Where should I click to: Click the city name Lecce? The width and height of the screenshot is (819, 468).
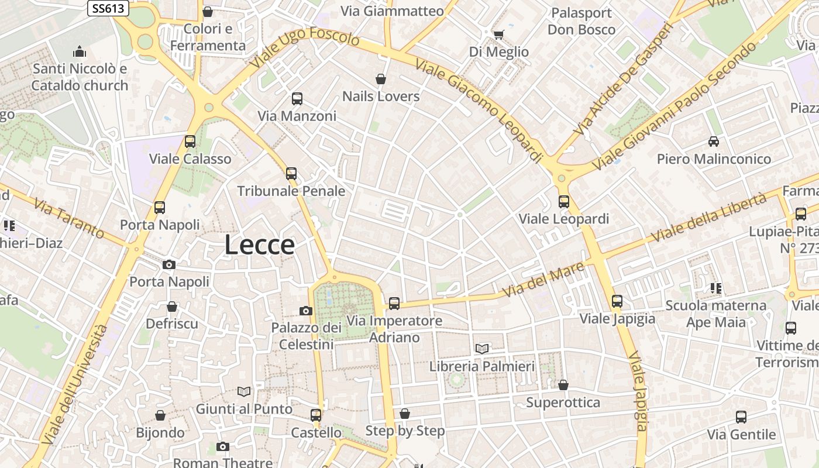259,245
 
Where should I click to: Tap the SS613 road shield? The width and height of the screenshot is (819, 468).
108,8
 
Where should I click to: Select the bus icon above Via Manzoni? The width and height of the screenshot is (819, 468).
297,99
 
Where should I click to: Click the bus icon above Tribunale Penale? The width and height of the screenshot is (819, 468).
291,174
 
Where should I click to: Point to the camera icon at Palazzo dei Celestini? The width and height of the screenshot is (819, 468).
305,311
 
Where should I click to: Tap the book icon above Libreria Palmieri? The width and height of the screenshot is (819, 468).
482,349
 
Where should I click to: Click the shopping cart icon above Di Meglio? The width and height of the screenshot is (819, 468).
498,35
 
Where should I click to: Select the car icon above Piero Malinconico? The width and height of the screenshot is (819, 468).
714,141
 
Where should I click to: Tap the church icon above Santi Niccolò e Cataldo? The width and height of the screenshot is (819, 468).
80,52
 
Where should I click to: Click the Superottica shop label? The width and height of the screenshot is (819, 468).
563,402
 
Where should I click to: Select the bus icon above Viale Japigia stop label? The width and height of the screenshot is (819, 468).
617,301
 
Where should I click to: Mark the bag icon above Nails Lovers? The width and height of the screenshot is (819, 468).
381,79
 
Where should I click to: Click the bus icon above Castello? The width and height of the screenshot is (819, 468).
316,415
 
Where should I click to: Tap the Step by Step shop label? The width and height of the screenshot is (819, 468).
405,431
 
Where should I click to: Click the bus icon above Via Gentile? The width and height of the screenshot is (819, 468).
741,417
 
